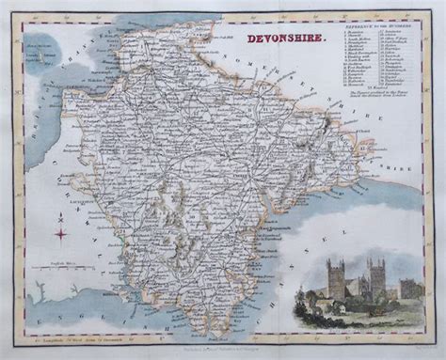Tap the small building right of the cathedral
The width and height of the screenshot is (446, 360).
(x=406, y=287)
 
